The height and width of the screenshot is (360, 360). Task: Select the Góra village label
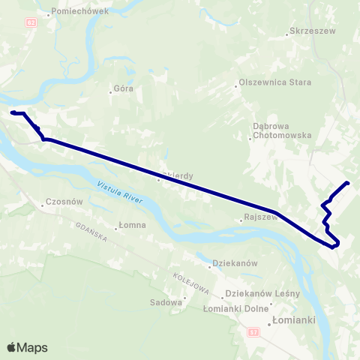[124, 88]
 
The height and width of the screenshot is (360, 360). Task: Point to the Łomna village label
[133, 226]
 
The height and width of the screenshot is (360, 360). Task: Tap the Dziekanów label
[235, 263]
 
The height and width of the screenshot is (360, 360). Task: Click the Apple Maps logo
[27, 347]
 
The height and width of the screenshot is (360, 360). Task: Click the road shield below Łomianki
[254, 332]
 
